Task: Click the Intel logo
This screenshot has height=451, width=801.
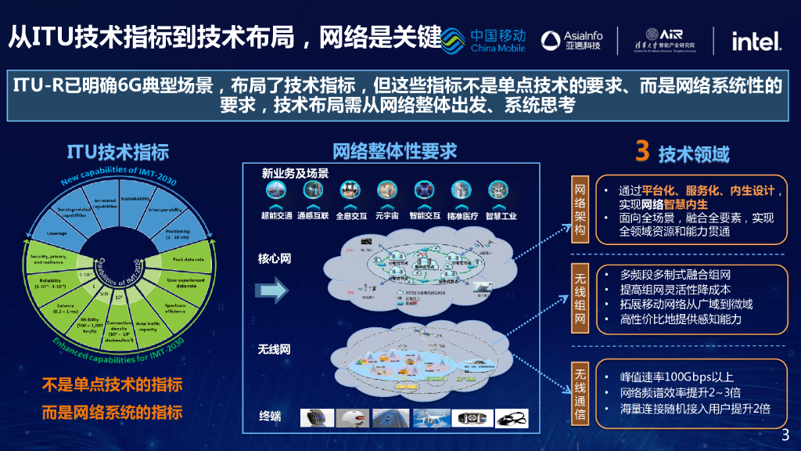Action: click(x=756, y=41)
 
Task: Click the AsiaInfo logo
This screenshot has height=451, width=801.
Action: click(x=572, y=41)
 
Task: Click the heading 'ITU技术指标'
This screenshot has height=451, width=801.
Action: click(x=117, y=152)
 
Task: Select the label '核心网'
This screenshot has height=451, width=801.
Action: click(x=275, y=258)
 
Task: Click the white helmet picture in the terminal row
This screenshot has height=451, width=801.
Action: click(x=355, y=418)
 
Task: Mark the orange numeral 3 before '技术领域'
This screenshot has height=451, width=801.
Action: click(x=641, y=151)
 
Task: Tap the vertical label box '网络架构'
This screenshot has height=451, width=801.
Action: click(x=580, y=209)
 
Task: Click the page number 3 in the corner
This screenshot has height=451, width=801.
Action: click(x=786, y=435)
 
